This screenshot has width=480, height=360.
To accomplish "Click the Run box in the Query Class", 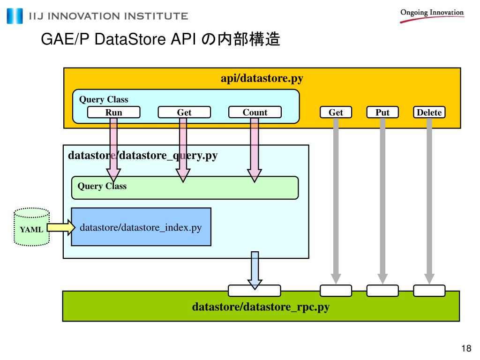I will click(114, 112).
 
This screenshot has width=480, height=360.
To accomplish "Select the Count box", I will click(255, 112).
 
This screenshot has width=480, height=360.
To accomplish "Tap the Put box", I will click(382, 112).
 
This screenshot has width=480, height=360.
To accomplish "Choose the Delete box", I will click(429, 112).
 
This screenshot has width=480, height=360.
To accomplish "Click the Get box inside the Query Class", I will click(184, 112).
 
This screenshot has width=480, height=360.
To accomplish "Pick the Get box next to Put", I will click(336, 112).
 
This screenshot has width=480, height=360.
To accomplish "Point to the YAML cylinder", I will click(31, 227).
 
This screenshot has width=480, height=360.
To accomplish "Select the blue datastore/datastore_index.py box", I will click(141, 227).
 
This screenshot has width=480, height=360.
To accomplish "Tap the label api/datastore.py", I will click(262, 78).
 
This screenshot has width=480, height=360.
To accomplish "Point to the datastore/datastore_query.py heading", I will click(143, 155).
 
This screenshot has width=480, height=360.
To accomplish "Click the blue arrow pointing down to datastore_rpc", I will click(255, 270).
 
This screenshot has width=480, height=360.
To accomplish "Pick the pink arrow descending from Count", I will click(255, 150).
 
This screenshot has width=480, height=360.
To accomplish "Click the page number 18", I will click(466, 348).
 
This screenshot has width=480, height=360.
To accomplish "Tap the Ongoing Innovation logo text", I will click(432, 13).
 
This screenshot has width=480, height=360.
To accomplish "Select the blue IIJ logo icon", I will click(15, 16).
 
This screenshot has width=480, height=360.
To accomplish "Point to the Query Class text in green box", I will click(102, 186).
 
